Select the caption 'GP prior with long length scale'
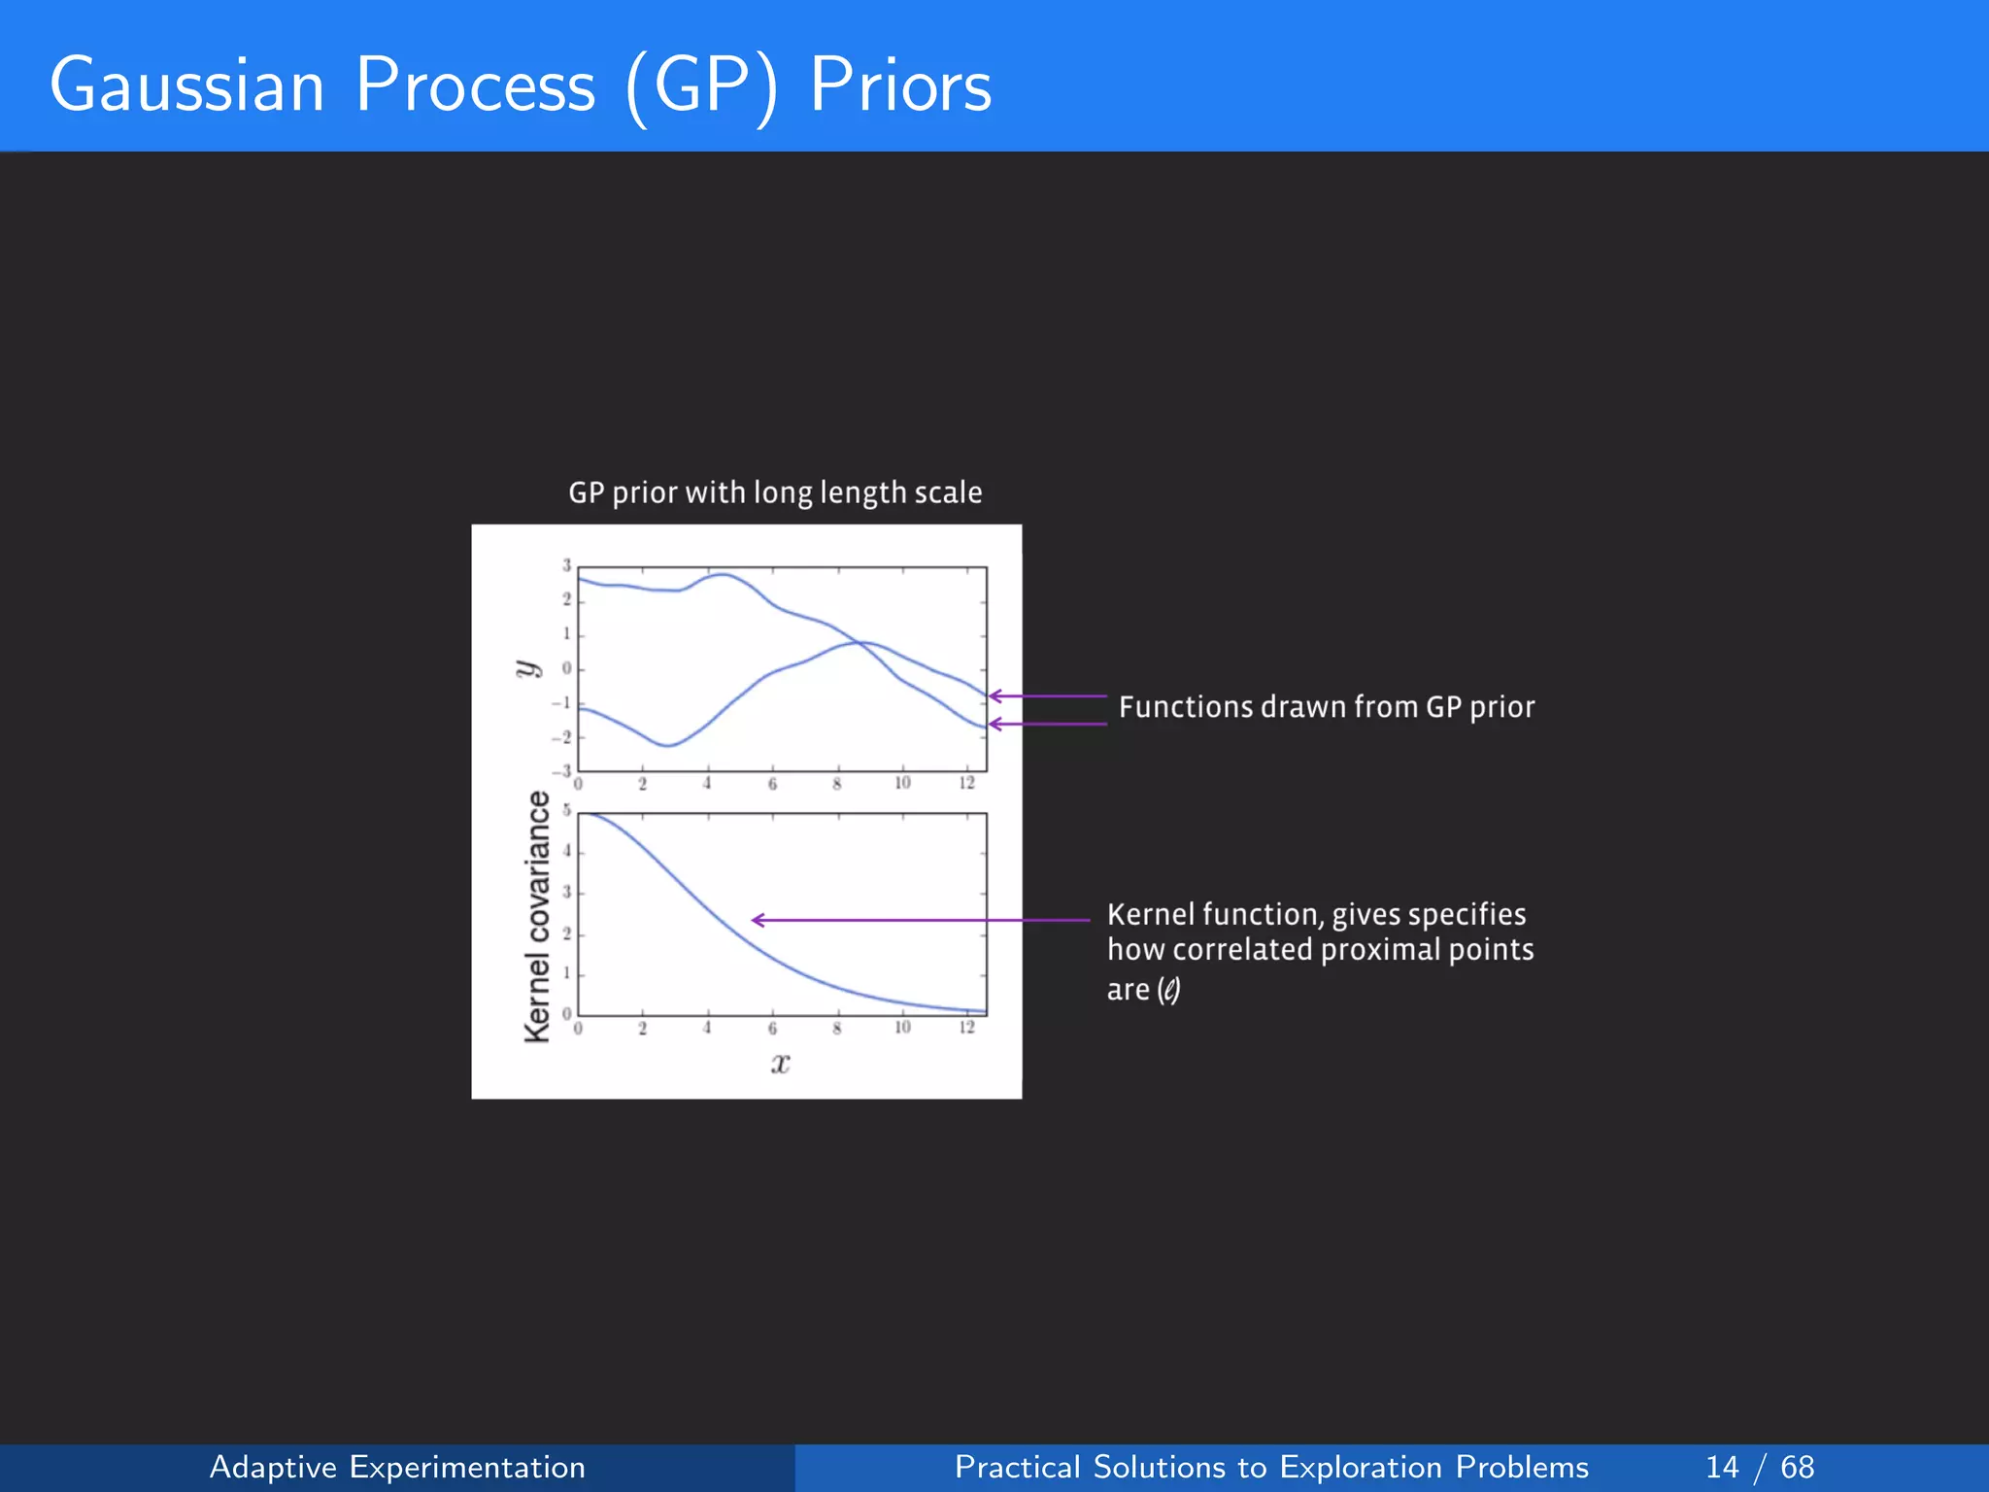click(x=775, y=492)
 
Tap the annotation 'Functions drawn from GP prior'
click(x=1326, y=707)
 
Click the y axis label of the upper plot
click(x=525, y=668)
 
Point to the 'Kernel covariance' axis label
click(x=537, y=916)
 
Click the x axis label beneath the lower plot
click(x=780, y=1063)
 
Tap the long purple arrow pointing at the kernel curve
click(x=921, y=919)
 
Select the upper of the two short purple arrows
click(x=1048, y=695)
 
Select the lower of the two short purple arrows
click(x=1048, y=724)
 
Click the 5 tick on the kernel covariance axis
click(x=567, y=811)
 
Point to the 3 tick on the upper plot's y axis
click(x=567, y=565)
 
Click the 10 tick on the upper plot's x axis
click(x=902, y=783)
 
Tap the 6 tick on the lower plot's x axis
click(x=772, y=1028)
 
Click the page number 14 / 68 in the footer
click(x=1759, y=1467)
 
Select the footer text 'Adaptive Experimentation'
click(x=397, y=1467)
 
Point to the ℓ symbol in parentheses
click(x=1169, y=990)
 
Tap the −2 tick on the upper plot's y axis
click(x=562, y=737)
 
